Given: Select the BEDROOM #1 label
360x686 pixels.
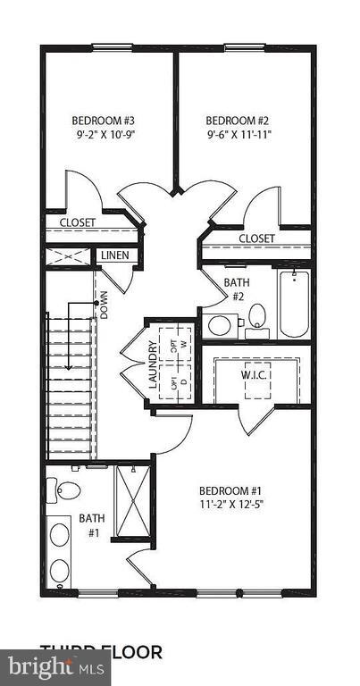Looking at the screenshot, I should point(231,490).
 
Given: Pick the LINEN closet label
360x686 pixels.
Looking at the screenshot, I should point(114,256).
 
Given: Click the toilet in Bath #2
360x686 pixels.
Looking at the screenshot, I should point(257,315).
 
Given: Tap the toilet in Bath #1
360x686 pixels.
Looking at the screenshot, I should point(67,489).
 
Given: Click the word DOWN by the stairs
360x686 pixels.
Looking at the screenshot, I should point(105,307).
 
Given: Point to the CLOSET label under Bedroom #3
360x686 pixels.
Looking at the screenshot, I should point(78,222).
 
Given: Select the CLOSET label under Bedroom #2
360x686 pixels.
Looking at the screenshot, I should point(256,238).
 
